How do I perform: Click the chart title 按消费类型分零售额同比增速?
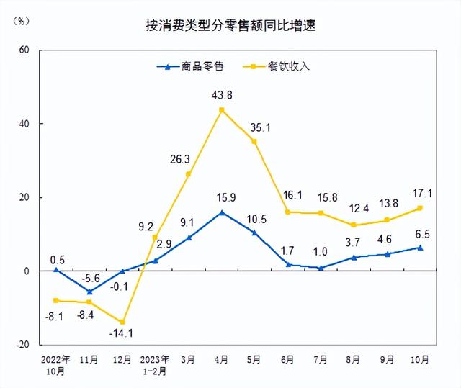tap(230, 27)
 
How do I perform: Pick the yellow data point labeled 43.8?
tap(221, 110)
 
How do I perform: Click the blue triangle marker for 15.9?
tap(221, 212)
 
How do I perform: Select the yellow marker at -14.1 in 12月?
tap(122, 322)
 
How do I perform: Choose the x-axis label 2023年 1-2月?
tap(155, 364)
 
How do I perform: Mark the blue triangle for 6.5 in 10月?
tap(420, 248)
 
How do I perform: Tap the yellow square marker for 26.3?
tap(188, 174)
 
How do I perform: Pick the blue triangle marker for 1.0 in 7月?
tap(321, 268)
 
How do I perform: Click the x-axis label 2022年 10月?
tap(55, 364)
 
